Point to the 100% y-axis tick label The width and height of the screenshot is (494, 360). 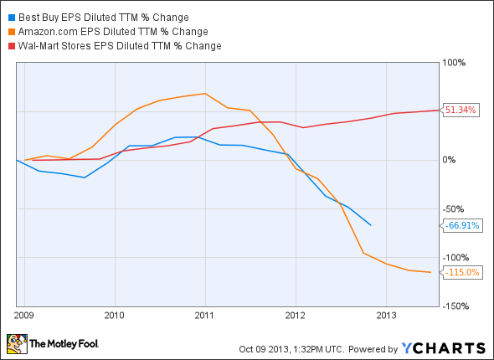[455, 63]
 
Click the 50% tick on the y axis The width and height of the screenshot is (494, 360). [453, 111]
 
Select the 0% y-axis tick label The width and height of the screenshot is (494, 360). [450, 160]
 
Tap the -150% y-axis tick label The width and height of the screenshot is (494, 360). [456, 306]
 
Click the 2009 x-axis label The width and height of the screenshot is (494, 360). [24, 316]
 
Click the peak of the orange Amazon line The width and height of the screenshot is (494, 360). [205, 94]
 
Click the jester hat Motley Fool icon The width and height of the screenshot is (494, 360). [17, 344]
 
